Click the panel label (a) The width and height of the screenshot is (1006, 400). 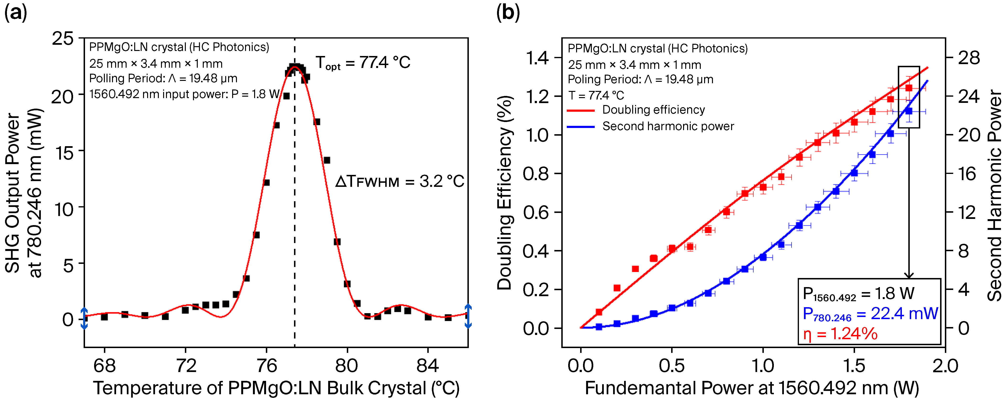[16, 13]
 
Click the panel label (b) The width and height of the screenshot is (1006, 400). [508, 13]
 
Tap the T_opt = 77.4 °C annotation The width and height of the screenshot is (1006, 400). [363, 63]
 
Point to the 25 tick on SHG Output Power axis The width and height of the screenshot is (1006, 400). [63, 39]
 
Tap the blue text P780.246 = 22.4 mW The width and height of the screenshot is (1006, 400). [870, 314]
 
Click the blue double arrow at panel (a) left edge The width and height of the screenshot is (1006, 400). [84, 318]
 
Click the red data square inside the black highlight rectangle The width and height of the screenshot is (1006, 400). [909, 88]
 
